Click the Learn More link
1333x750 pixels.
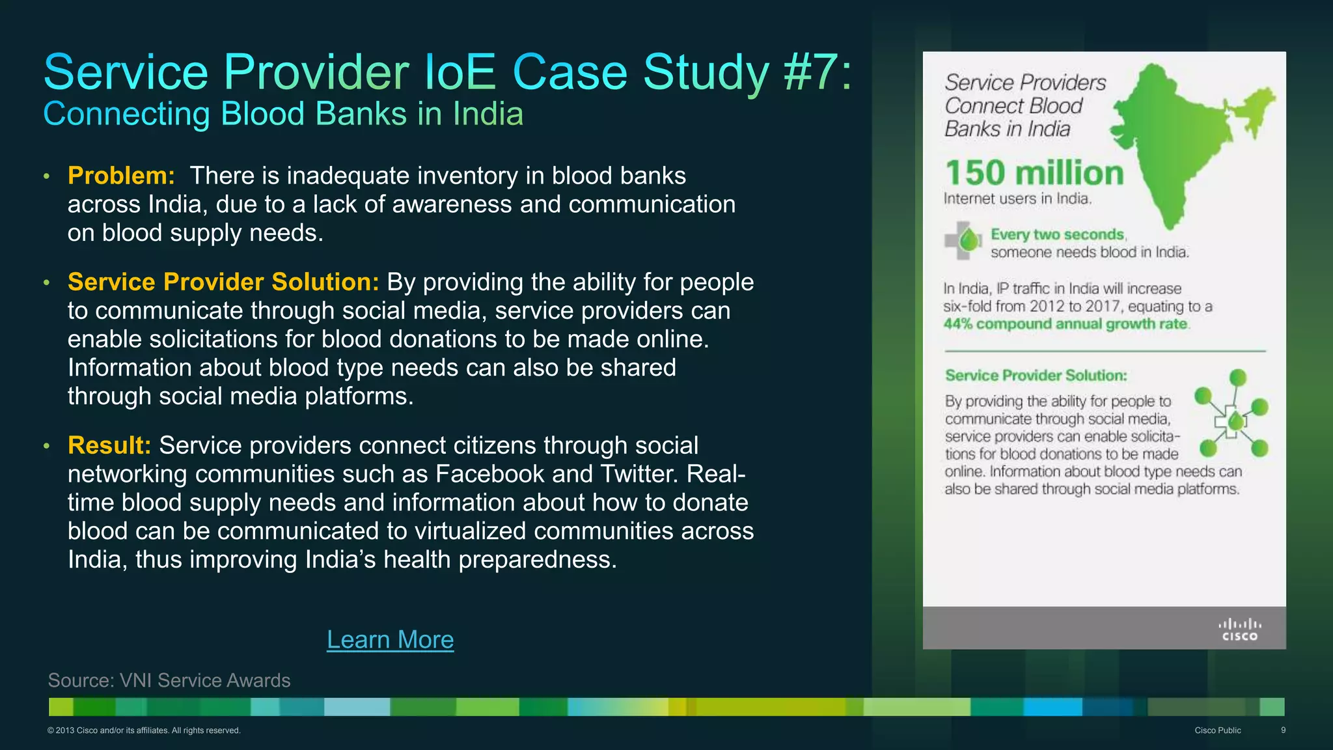pyautogui.click(x=390, y=639)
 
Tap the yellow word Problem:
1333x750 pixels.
pyautogui.click(x=121, y=176)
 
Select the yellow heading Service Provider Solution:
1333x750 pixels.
pyautogui.click(x=223, y=282)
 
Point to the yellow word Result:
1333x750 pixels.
pyautogui.click(x=109, y=445)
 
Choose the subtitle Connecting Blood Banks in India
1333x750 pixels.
pyautogui.click(x=283, y=114)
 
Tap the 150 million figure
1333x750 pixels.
pyautogui.click(x=1034, y=173)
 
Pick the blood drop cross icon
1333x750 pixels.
pyautogui.click(x=963, y=241)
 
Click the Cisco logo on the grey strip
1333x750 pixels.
pyautogui.click(x=1239, y=629)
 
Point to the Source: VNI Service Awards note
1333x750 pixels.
pyautogui.click(x=169, y=680)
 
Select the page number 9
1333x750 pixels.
pyautogui.click(x=1283, y=730)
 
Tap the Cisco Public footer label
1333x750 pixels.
pyautogui.click(x=1217, y=730)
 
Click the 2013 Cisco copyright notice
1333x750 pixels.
pyautogui.click(x=144, y=730)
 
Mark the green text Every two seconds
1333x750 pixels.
pyautogui.click(x=1058, y=234)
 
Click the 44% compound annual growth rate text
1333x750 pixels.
pyautogui.click(x=1065, y=324)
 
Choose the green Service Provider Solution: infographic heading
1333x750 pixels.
pyautogui.click(x=1036, y=376)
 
